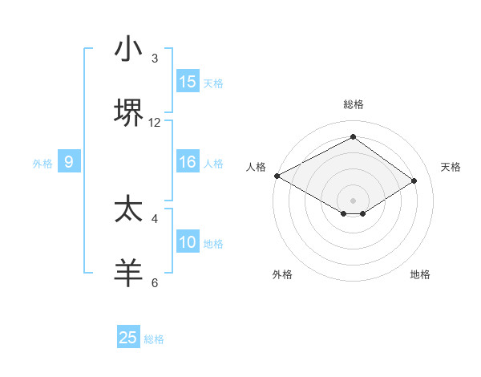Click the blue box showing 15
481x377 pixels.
coord(188,82)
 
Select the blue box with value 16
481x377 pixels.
coord(188,162)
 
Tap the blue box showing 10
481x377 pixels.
coord(188,242)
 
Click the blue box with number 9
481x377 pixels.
coord(69,162)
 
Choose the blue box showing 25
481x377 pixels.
coord(128,338)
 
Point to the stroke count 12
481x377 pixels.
coord(155,123)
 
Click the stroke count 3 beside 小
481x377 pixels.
coord(155,59)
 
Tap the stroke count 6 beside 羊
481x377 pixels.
coord(155,282)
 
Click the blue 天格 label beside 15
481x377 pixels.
coord(213,83)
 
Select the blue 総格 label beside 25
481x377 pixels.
coord(155,339)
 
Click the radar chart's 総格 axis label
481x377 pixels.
coord(353,104)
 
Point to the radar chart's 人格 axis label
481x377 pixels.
coord(256,167)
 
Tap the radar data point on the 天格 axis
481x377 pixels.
coord(414,181)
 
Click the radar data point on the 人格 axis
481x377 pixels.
coord(277,176)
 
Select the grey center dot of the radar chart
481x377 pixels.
coord(353,200)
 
